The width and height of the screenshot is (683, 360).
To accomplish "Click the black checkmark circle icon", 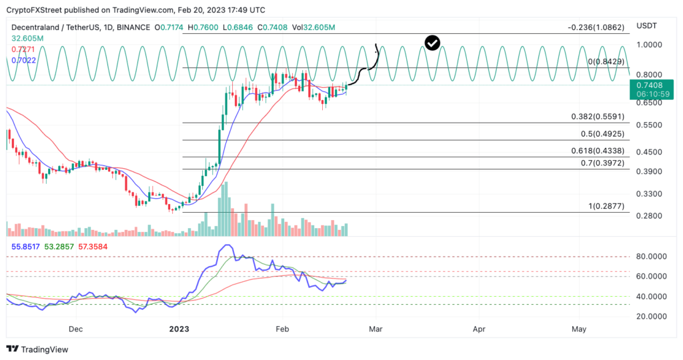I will pos(432,43).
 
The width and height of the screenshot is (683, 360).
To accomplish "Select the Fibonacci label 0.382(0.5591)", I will pos(598,117).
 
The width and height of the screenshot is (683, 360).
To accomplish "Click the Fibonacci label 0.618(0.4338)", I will pos(598,151).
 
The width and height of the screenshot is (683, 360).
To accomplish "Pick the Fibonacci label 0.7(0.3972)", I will pos(602,163).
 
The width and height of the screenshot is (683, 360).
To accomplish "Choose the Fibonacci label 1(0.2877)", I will pos(606,207).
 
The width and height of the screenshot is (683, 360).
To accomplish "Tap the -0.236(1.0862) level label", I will pos(596,28).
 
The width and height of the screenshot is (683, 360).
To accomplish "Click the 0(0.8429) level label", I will pos(606,61).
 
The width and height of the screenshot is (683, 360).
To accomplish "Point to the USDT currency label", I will pos(648,25).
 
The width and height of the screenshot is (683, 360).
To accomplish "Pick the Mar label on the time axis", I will pos(376,329).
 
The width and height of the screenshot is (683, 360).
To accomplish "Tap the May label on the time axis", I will pos(579,329).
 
